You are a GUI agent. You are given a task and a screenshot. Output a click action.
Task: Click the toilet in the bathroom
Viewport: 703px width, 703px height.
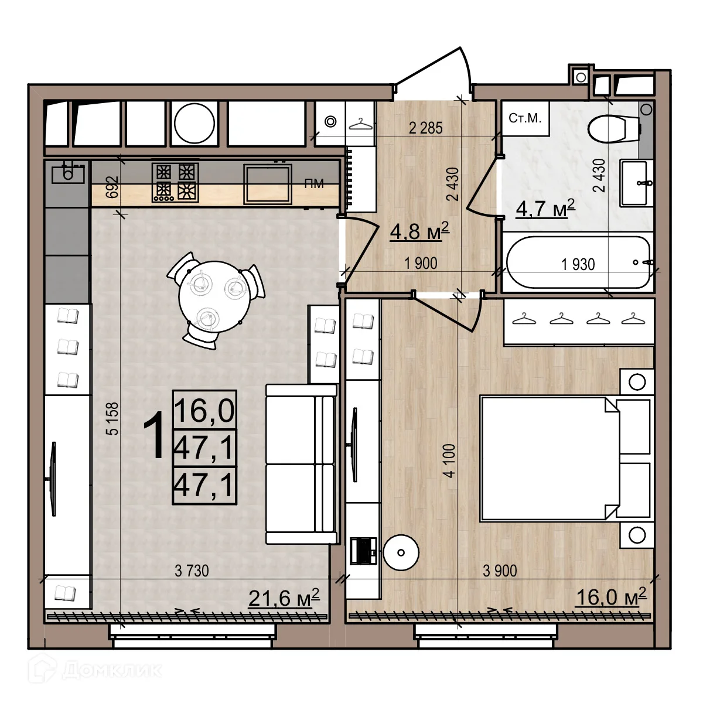tap(614, 129)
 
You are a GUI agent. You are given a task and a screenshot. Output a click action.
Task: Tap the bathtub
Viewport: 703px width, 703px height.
tap(578, 262)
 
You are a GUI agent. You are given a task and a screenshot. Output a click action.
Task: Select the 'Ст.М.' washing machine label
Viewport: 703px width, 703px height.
tap(525, 118)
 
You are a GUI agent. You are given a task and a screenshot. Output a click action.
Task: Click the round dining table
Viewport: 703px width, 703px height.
tap(215, 296)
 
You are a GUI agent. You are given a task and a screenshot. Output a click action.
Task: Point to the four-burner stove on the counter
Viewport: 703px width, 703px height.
tap(176, 183)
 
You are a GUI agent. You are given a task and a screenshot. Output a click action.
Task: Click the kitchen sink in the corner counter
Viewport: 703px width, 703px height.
tap(68, 173)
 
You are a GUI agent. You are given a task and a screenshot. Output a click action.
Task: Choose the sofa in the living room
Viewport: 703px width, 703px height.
tap(301, 464)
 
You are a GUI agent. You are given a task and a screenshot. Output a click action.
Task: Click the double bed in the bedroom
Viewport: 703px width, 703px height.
tap(565, 459)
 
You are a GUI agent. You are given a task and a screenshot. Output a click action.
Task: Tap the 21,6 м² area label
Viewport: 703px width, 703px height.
tap(284, 598)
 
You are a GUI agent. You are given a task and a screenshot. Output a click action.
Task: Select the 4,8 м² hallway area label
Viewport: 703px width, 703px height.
tap(419, 231)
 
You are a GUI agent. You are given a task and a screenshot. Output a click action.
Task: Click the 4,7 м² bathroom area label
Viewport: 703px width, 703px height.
tap(545, 209)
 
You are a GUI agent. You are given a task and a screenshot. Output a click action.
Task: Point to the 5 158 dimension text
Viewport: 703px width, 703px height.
tap(112, 418)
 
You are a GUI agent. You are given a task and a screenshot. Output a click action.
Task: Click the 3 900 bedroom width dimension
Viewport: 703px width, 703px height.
tap(500, 571)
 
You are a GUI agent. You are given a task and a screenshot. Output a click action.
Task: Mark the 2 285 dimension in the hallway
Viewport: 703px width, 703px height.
tap(425, 128)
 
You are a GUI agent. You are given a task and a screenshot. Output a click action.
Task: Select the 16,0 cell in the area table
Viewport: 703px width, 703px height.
tap(204, 410)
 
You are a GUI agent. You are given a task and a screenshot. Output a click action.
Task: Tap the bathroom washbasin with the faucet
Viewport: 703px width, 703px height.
tap(636, 183)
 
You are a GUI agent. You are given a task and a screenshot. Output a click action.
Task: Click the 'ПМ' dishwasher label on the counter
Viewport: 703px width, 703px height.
tap(314, 183)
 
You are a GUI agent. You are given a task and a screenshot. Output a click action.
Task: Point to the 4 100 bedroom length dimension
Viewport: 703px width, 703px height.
tap(450, 460)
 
